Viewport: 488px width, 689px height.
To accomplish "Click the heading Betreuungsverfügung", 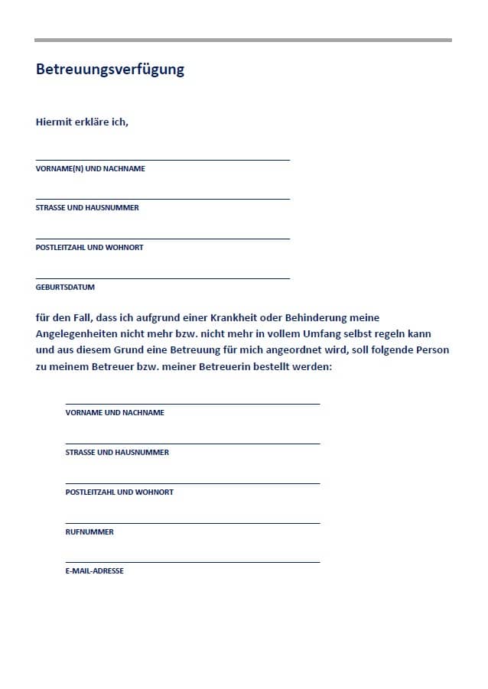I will pyautogui.click(x=110, y=70).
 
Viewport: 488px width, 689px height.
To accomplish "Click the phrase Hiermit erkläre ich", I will pyautogui.click(x=82, y=122).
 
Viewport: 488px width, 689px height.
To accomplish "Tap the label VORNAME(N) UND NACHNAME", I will pyautogui.click(x=90, y=168).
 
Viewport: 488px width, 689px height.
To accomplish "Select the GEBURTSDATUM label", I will pyautogui.click(x=65, y=288).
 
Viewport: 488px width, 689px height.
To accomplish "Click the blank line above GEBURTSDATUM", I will pyautogui.click(x=163, y=278).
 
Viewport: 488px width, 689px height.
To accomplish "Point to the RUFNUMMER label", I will pyautogui.click(x=89, y=531).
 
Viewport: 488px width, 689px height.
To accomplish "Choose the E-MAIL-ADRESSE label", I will pyautogui.click(x=95, y=570).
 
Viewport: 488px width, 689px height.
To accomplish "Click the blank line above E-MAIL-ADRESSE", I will pyautogui.click(x=193, y=562).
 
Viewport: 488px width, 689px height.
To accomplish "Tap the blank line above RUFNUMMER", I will pyautogui.click(x=193, y=523).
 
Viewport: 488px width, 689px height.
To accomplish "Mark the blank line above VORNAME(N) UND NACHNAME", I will pyautogui.click(x=163, y=160).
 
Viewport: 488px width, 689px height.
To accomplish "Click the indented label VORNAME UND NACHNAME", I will pyautogui.click(x=115, y=412).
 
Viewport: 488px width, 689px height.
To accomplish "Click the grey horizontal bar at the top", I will pyautogui.click(x=243, y=40).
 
